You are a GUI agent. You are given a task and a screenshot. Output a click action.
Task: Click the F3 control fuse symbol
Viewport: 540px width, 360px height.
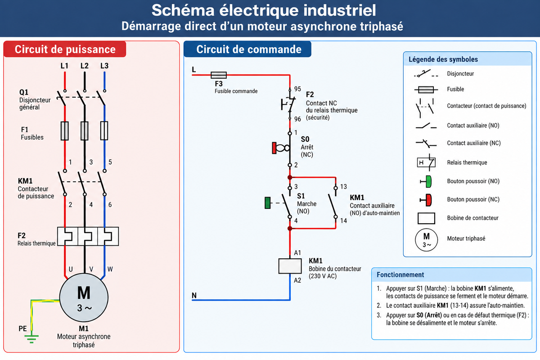(x=219, y=75)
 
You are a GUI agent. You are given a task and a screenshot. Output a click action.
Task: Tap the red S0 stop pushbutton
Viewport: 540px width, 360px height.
(x=274, y=148)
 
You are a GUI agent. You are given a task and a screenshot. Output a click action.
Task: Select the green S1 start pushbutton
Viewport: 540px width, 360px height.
(x=268, y=203)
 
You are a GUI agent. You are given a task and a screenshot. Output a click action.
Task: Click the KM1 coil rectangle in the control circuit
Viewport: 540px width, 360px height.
(x=290, y=266)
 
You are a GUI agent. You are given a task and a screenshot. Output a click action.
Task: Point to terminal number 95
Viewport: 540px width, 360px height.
(x=297, y=89)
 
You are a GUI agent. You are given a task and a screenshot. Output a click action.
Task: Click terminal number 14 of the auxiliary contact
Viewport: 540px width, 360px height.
(x=343, y=220)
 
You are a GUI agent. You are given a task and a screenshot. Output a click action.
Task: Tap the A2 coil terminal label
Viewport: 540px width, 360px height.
(x=297, y=280)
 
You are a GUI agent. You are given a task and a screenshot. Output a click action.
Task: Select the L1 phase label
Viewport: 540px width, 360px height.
(x=64, y=66)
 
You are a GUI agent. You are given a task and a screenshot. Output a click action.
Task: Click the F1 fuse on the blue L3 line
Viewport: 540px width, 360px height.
(x=104, y=130)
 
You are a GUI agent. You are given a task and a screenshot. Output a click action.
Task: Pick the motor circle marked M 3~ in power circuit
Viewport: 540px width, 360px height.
(x=84, y=297)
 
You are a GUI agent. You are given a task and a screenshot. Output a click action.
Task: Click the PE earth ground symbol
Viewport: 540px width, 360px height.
(x=31, y=339)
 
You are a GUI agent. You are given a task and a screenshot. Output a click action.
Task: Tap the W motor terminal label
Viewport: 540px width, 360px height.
(x=110, y=269)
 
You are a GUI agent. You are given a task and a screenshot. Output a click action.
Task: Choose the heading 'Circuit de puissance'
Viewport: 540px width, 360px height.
(x=65, y=49)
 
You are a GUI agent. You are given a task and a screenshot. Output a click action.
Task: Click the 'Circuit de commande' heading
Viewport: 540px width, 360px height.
(x=249, y=49)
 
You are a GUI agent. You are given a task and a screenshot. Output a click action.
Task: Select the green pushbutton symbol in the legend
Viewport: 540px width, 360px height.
(x=426, y=181)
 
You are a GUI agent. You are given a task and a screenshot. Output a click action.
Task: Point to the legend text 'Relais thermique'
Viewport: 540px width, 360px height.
(x=467, y=162)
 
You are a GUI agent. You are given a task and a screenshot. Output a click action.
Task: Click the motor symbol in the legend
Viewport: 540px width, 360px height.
(x=426, y=240)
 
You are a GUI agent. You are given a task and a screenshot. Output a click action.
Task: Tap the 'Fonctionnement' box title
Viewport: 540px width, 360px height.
(x=400, y=274)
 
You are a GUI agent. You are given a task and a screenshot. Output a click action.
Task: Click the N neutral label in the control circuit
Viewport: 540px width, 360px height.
(x=194, y=295)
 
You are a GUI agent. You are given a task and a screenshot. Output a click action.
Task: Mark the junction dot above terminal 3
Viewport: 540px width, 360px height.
(x=290, y=177)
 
